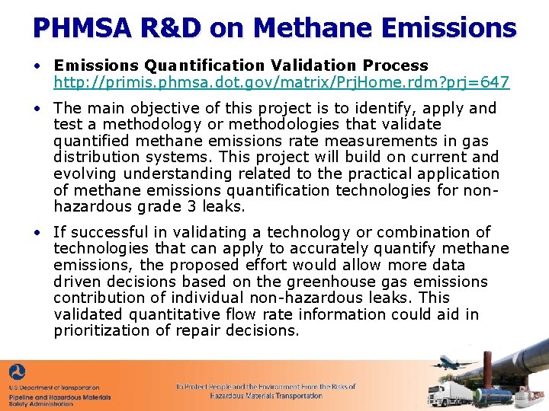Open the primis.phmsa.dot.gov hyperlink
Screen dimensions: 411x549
[x=281, y=82]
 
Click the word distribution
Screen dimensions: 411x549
[x=95, y=158]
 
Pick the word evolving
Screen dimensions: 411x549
[x=85, y=174]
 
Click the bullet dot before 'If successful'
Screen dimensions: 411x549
[x=37, y=232]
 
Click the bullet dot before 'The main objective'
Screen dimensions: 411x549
[x=37, y=108]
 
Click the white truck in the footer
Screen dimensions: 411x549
[x=445, y=393]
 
